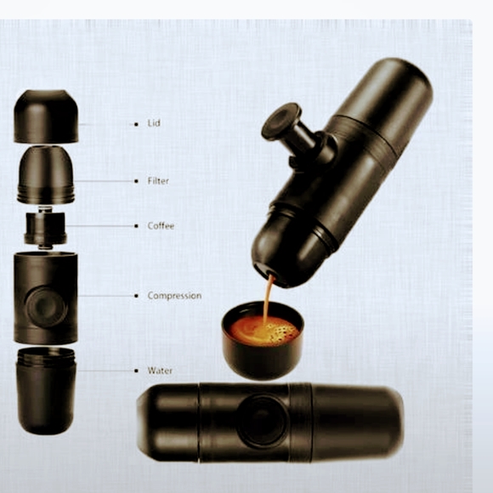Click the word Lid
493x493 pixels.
(153, 124)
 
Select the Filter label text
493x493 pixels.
(158, 181)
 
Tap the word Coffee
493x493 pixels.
(161, 226)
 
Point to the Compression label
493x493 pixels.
(174, 296)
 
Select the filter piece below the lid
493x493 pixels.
(46, 174)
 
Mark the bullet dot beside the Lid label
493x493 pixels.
(136, 124)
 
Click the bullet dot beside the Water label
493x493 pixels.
(137, 371)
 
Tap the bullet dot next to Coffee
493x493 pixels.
(137, 226)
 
